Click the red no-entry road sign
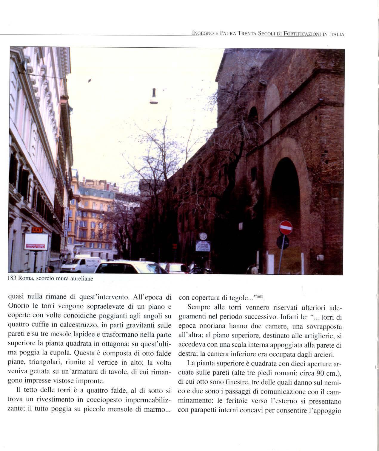[x=286, y=228]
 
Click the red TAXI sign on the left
[x=37, y=230]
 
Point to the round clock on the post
[x=203, y=236]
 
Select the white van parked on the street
[x=81, y=264]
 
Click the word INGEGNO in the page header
[x=203, y=34]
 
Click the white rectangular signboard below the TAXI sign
[x=36, y=241]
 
